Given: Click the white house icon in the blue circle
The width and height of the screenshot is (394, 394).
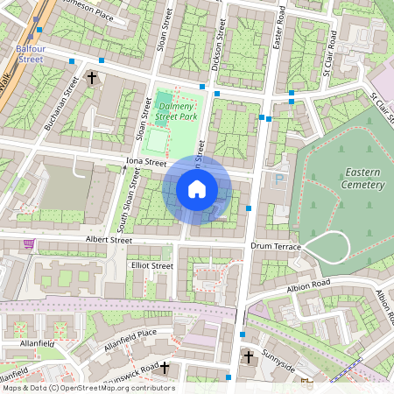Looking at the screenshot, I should tap(197, 189).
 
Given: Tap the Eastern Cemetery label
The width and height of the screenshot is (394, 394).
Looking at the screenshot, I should tap(364, 178).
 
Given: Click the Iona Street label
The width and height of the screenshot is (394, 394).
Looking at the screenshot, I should tap(145, 162).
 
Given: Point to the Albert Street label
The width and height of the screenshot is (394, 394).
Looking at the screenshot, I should tap(109, 239).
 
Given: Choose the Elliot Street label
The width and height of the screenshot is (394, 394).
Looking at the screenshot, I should tap(151, 264).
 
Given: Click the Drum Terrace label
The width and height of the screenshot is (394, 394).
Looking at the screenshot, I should tap(275, 247).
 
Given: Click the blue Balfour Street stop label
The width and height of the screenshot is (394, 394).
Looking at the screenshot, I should tap(31, 54).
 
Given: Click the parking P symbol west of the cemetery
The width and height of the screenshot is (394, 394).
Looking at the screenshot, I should tap(280, 179).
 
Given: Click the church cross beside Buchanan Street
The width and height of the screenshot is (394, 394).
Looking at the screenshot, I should tap(92, 79).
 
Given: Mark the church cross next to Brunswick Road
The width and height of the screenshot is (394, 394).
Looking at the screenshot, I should tap(163, 368).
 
